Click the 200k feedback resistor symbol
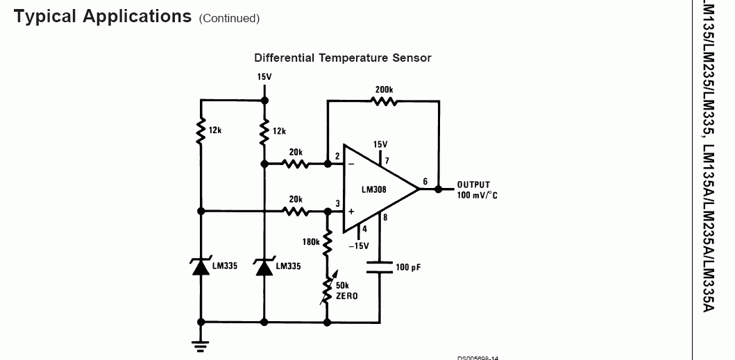[x=383, y=101]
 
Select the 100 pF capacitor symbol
[x=380, y=267]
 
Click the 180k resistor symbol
[x=327, y=243]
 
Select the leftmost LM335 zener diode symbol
[x=201, y=266]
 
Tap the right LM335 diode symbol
[x=264, y=266]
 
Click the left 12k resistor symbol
[x=201, y=130]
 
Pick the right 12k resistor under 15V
[x=264, y=130]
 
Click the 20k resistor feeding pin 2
[x=296, y=164]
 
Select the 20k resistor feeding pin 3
[x=296, y=211]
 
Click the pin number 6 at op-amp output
[x=425, y=182]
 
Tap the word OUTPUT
[x=473, y=185]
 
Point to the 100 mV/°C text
[x=477, y=196]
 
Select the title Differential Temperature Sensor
[x=342, y=58]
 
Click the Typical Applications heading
[x=102, y=17]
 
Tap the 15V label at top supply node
[x=264, y=77]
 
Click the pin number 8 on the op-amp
[x=386, y=218]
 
